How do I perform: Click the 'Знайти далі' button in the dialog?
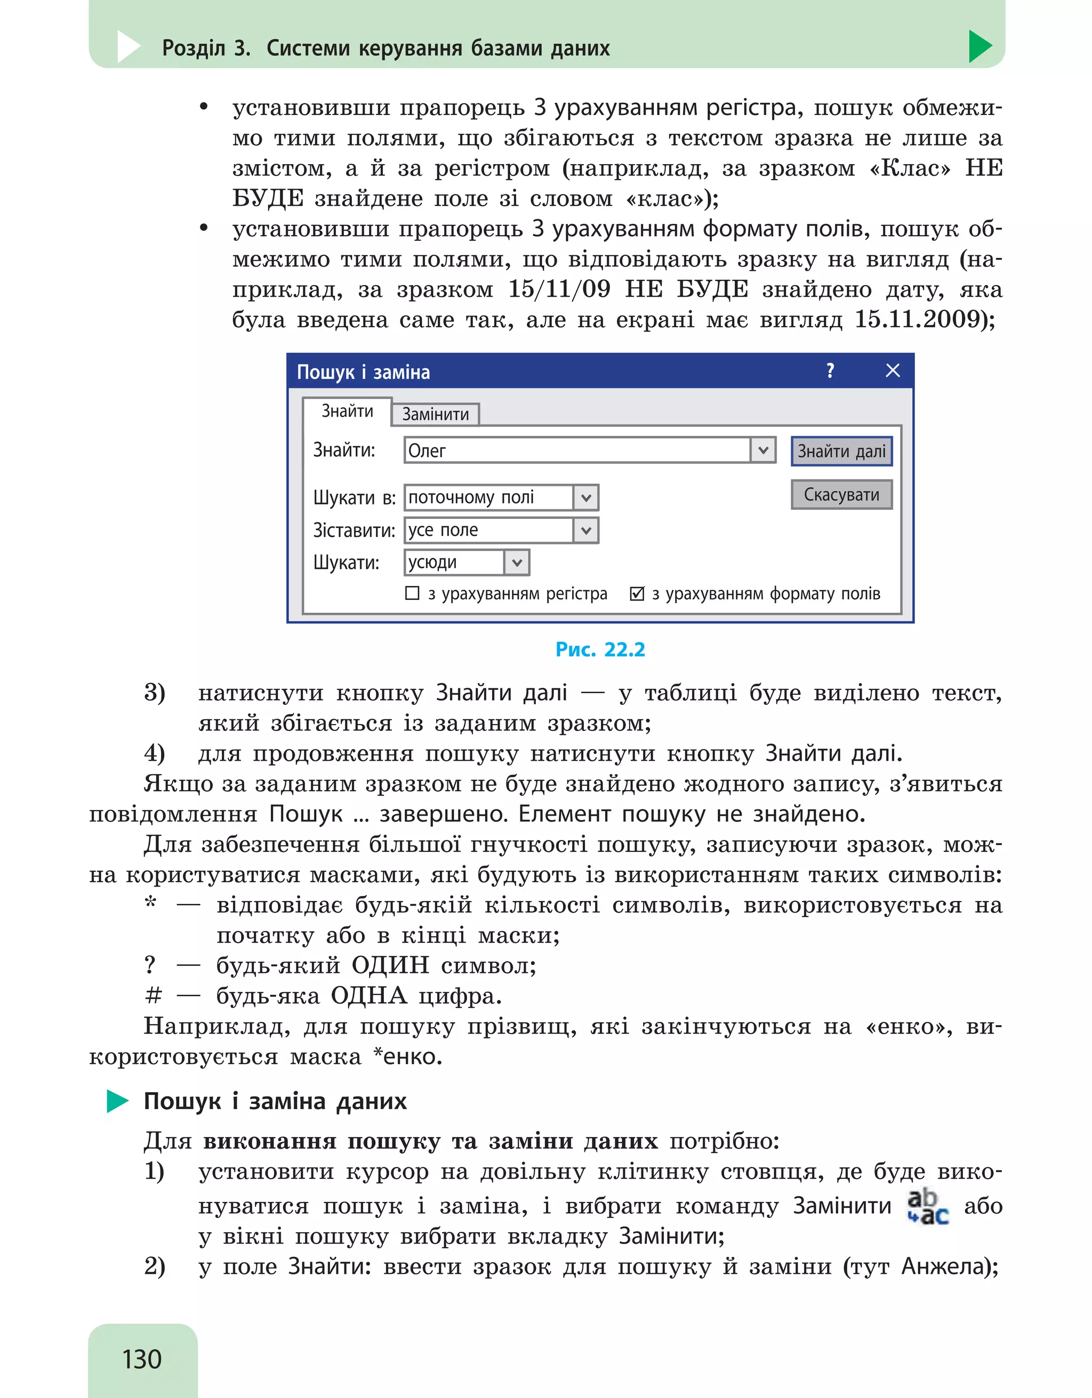click(x=841, y=451)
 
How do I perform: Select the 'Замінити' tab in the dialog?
click(x=435, y=414)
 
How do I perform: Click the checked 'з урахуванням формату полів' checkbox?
click(x=637, y=594)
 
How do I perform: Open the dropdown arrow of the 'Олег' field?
click(x=763, y=450)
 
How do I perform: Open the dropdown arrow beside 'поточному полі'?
click(x=585, y=498)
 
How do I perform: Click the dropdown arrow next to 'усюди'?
click(x=517, y=563)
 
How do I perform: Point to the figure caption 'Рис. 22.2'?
click(x=600, y=649)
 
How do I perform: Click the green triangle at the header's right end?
click(x=979, y=46)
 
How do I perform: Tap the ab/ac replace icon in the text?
click(x=927, y=1207)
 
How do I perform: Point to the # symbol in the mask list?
click(x=153, y=995)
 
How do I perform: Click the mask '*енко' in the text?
click(x=408, y=1056)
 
